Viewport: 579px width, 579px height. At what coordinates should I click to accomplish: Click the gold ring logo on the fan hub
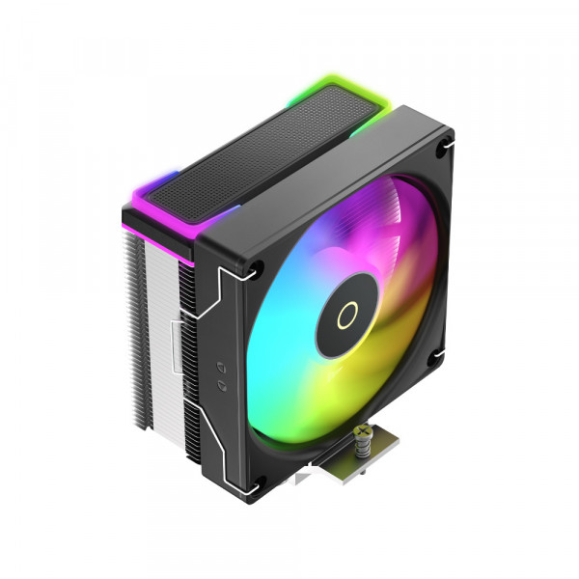345,312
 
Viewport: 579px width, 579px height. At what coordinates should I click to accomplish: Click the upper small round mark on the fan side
223,366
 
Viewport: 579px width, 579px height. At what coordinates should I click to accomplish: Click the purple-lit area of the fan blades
318,232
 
